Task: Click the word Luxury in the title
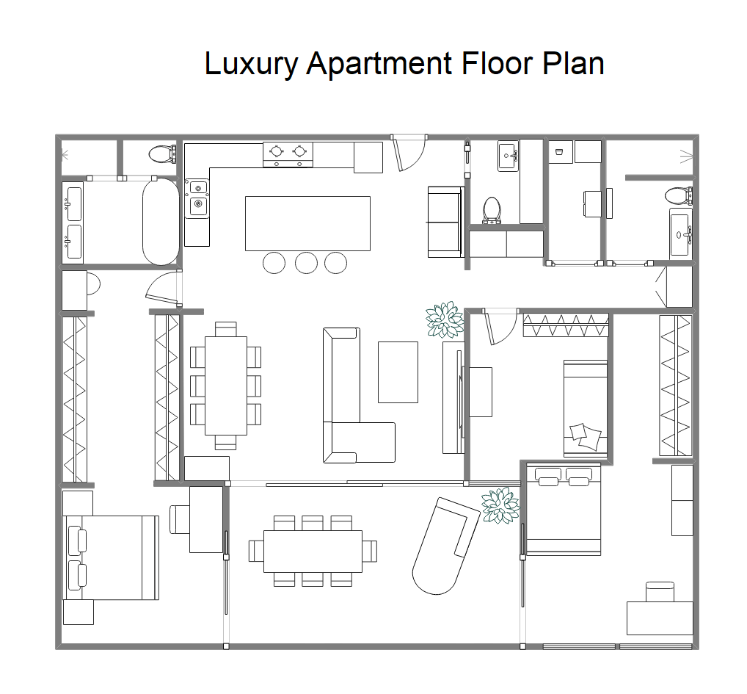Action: (x=251, y=63)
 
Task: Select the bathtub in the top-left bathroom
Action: (x=161, y=222)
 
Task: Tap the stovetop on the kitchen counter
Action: (x=288, y=154)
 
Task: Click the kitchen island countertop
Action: (x=307, y=223)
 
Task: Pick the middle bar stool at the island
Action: (x=306, y=263)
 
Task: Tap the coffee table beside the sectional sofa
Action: (x=398, y=372)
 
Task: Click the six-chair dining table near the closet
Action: (x=226, y=386)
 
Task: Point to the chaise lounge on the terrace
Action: (x=445, y=546)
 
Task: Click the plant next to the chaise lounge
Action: (x=500, y=506)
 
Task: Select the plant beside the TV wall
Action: (x=445, y=320)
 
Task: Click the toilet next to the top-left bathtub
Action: (x=163, y=154)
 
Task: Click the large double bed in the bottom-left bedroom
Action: (x=112, y=557)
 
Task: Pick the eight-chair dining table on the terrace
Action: (x=313, y=551)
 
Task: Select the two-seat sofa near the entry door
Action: (x=446, y=222)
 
